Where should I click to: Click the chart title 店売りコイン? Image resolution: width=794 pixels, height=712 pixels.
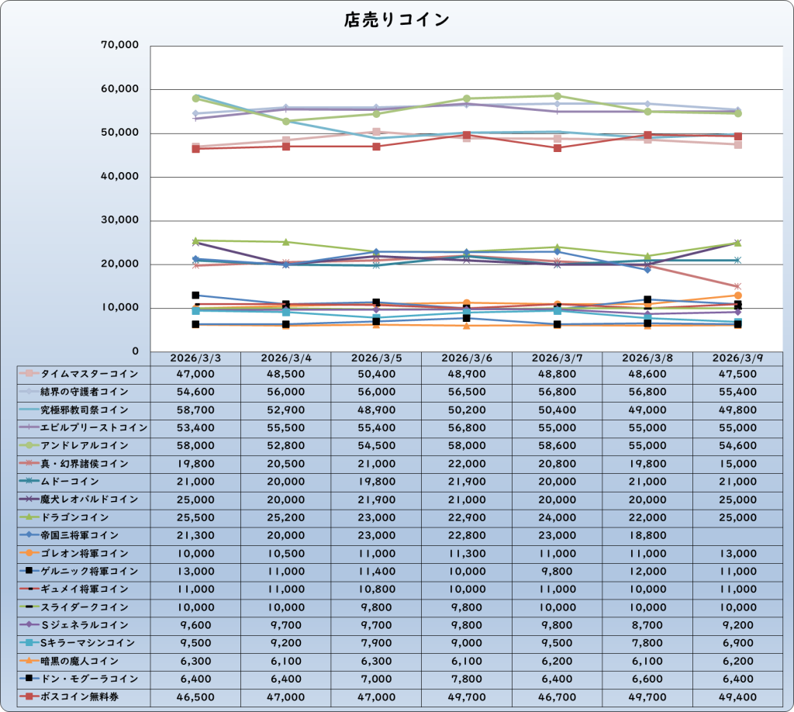[x=396, y=20]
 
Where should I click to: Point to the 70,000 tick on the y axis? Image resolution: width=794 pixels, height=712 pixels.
[x=119, y=46]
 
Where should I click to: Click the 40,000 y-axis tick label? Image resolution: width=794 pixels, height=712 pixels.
[x=119, y=177]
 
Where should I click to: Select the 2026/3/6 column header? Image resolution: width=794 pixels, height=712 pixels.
[x=467, y=358]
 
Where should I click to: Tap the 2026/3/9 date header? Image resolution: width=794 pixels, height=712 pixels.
[x=737, y=358]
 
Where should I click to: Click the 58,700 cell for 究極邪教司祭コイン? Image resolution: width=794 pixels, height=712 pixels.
[x=195, y=410]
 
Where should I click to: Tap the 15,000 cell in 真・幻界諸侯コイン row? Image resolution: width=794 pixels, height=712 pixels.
[x=737, y=464]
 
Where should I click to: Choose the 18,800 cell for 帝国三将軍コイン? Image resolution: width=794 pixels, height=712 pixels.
[x=647, y=535]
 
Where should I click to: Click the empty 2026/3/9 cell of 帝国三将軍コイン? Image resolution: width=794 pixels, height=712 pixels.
[x=737, y=535]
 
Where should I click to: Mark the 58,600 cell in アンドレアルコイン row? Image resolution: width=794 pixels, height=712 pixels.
[x=557, y=446]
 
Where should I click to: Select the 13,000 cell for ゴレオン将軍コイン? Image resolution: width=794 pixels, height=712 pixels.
[x=737, y=554]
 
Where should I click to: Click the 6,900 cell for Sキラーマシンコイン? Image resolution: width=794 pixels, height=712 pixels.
[x=737, y=643]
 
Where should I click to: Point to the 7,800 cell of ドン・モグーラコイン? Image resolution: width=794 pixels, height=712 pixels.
[x=467, y=679]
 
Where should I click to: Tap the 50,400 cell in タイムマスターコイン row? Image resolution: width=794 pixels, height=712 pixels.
[x=377, y=374]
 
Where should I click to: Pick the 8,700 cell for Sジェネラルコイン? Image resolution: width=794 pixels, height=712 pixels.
[x=647, y=625]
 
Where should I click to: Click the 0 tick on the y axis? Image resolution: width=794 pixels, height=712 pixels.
[x=135, y=351]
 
